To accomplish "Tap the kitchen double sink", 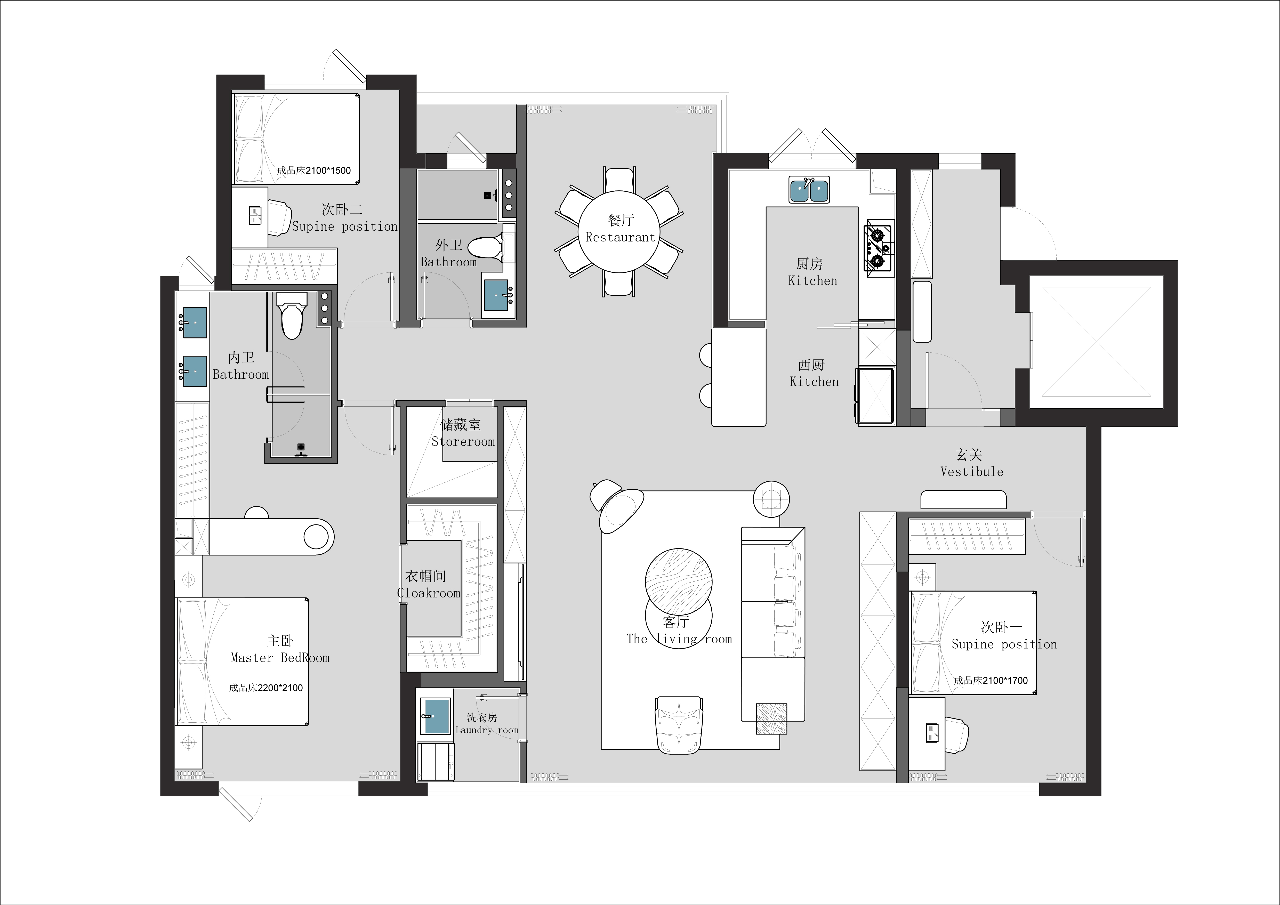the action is tap(809, 189).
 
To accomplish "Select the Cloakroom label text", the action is tap(429, 593).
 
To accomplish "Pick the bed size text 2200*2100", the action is tap(280, 688).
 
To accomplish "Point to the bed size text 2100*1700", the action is tap(1005, 680).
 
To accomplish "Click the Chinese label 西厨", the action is tap(811, 365).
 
